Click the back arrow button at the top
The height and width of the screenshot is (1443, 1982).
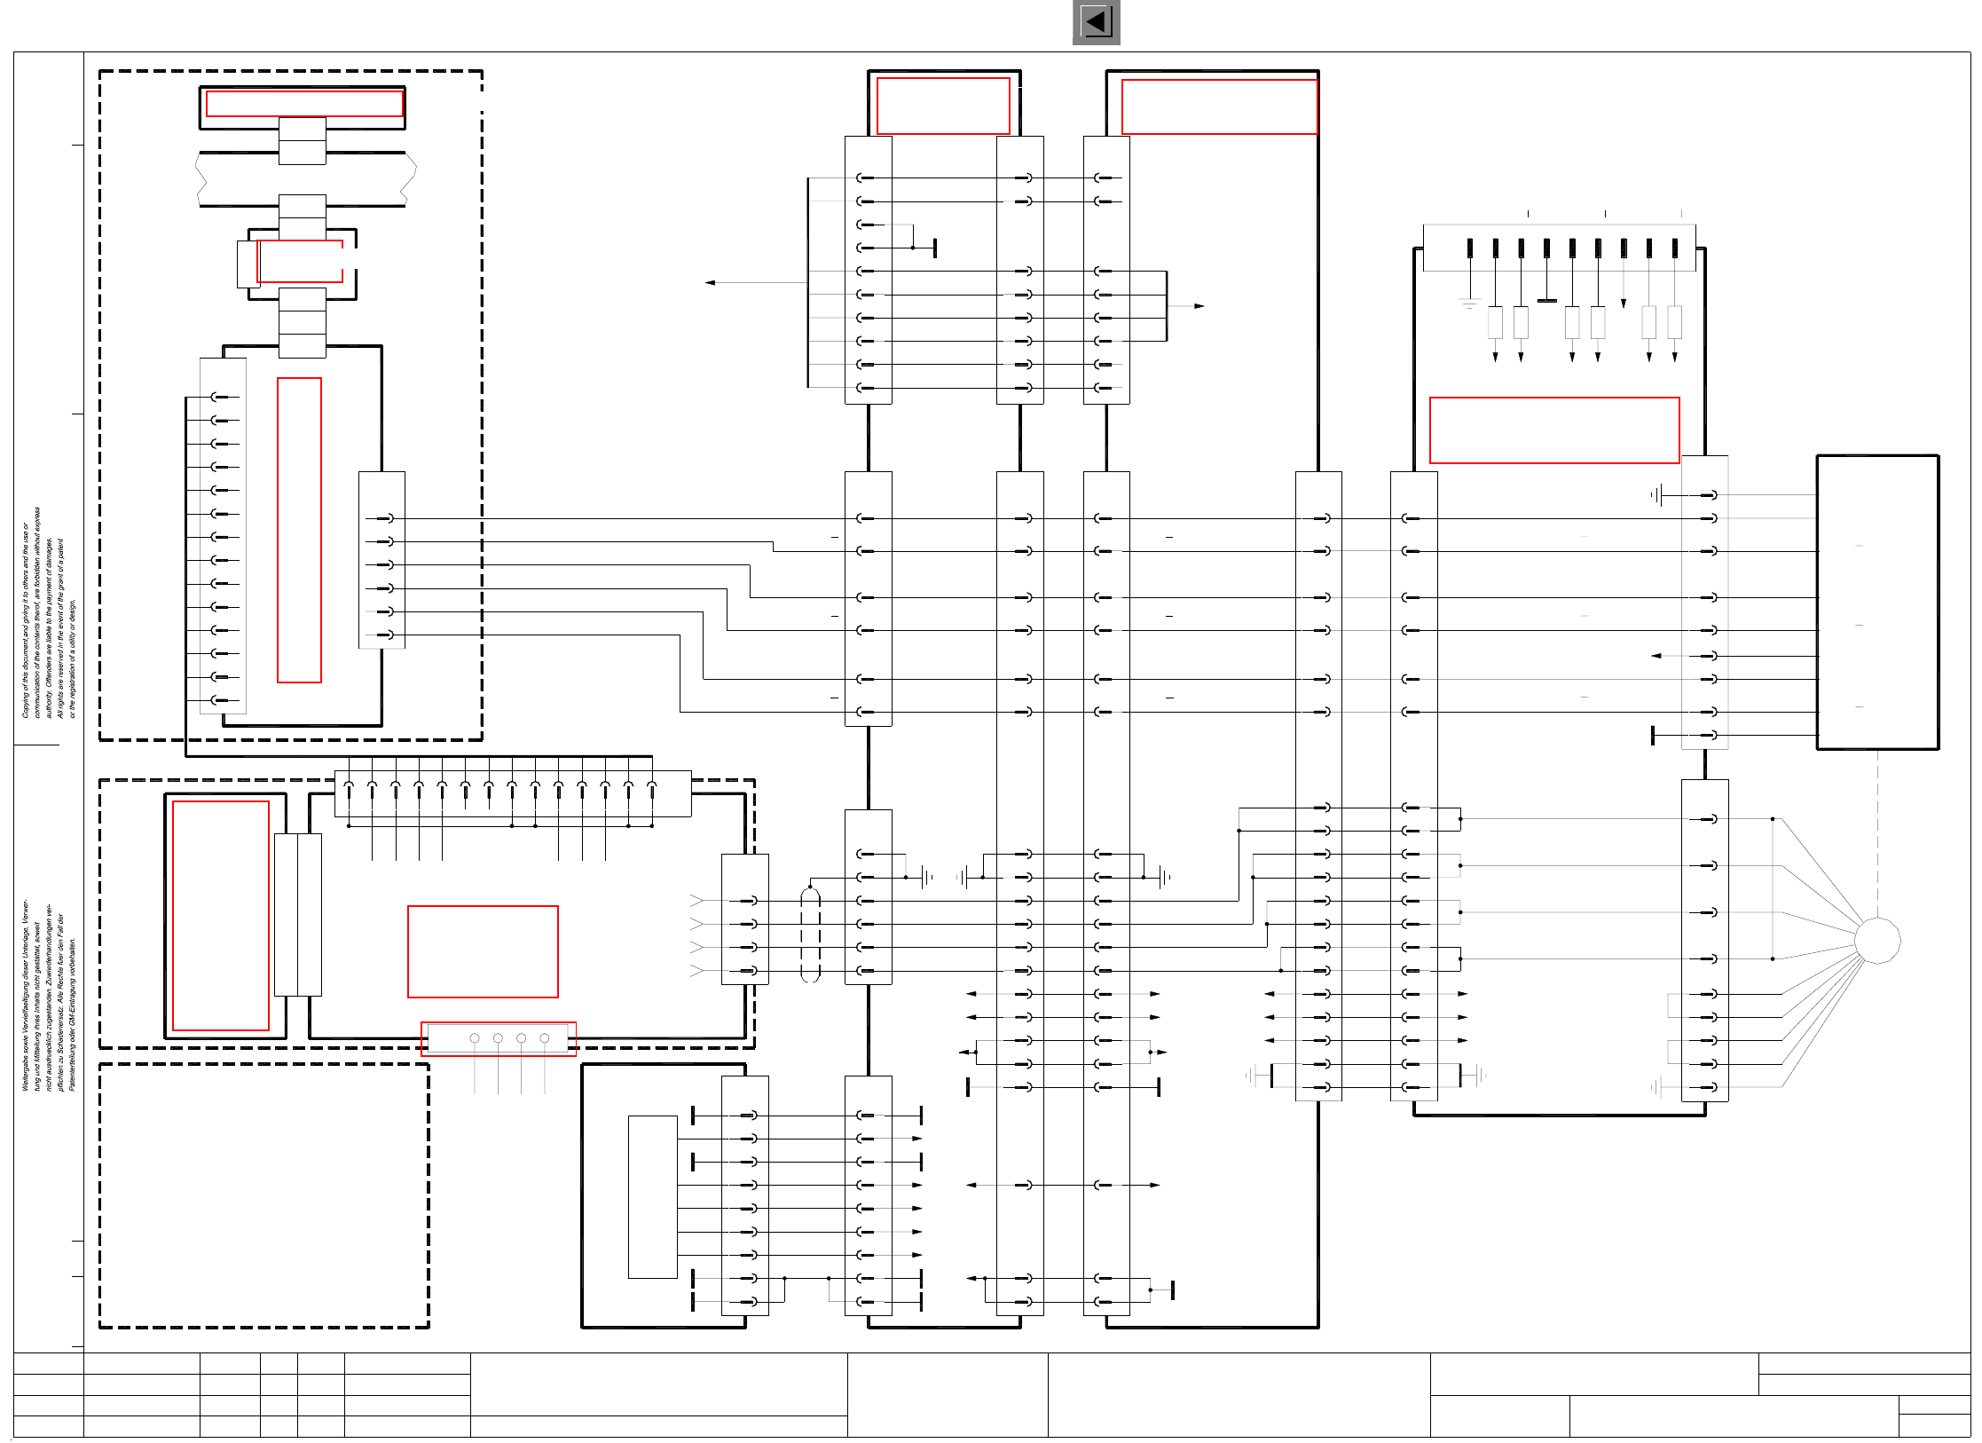tap(1096, 22)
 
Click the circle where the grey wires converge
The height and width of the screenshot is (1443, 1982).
tap(1877, 940)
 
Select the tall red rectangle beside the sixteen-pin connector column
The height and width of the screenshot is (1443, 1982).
tap(299, 530)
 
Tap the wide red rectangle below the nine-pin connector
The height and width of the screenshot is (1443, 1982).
tap(1553, 430)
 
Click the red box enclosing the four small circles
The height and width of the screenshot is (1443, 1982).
tap(499, 1038)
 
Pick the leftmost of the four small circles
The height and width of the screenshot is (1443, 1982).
tap(475, 1038)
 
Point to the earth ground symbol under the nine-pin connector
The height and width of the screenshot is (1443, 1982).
tap(1469, 304)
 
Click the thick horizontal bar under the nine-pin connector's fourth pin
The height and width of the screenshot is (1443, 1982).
tap(1546, 301)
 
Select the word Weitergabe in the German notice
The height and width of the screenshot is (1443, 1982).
tap(26, 1072)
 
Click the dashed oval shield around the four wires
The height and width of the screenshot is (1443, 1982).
tap(810, 934)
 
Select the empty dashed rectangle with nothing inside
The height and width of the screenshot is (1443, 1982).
tap(263, 1195)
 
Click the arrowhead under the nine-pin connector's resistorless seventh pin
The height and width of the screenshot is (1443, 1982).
tap(1624, 304)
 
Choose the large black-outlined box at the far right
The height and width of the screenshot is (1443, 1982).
tap(1877, 602)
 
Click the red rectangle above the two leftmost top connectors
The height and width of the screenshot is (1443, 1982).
tap(943, 106)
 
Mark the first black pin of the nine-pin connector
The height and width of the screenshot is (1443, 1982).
tap(1470, 248)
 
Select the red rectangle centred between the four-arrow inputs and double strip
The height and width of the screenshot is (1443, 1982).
tap(483, 951)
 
